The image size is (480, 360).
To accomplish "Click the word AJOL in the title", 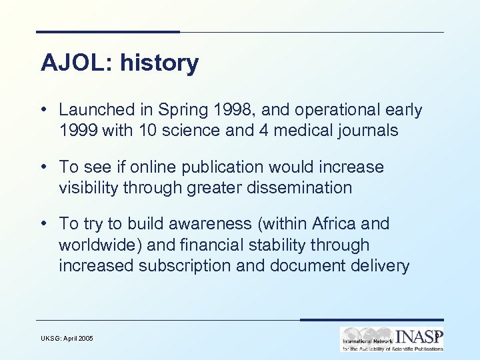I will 69,63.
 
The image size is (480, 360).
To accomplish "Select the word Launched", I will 96,109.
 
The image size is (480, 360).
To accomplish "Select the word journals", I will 365,130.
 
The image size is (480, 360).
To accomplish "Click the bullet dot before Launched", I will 43,109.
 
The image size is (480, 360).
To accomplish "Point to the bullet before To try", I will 43,224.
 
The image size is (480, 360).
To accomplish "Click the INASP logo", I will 391,339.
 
